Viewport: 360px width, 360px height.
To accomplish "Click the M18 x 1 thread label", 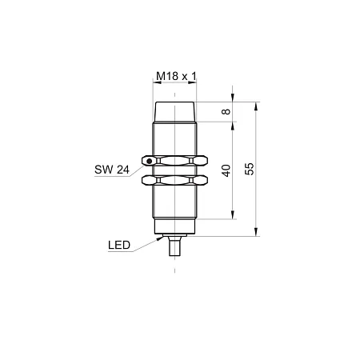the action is click(x=176, y=76).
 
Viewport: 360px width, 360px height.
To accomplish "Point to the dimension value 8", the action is click(x=226, y=111).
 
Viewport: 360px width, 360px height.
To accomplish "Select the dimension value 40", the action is click(x=226, y=170).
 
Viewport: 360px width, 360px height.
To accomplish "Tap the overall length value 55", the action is click(x=250, y=169).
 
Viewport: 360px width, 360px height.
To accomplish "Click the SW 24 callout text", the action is click(x=112, y=170).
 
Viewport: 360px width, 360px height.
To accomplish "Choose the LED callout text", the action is click(x=119, y=245).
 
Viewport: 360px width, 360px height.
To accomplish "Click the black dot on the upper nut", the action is click(x=150, y=161).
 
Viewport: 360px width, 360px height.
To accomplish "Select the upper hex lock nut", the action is click(x=174, y=161).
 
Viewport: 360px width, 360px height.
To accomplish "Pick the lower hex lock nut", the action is click(x=174, y=180).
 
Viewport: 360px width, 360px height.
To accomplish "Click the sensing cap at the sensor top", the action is click(x=174, y=112).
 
